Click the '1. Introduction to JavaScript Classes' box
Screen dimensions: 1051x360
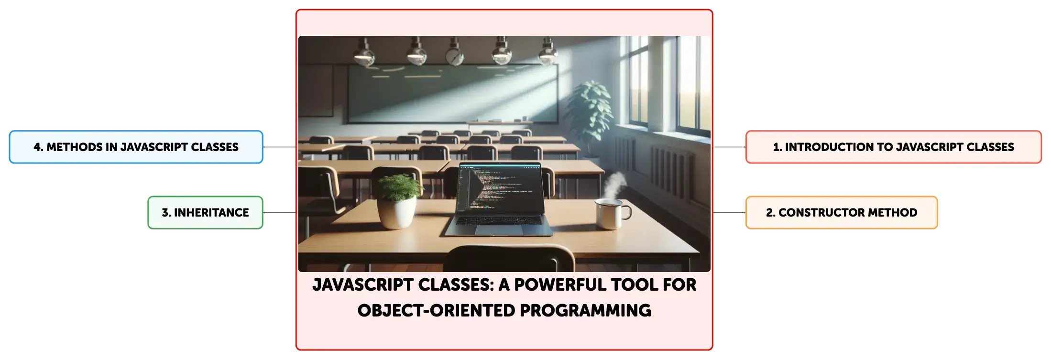coord(893,147)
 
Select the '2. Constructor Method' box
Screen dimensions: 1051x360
coord(842,212)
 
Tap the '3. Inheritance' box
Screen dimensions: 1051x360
coord(206,212)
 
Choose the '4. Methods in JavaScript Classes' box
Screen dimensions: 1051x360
coord(136,147)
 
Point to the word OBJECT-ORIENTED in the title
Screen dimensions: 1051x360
coord(436,311)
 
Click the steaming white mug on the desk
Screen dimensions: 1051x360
coord(611,214)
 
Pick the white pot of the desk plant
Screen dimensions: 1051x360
coord(396,213)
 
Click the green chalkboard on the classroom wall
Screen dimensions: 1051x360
coord(452,93)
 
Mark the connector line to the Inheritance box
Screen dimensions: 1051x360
coord(280,212)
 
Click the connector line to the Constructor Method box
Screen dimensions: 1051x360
coord(729,212)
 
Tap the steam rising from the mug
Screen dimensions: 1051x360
coord(614,185)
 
